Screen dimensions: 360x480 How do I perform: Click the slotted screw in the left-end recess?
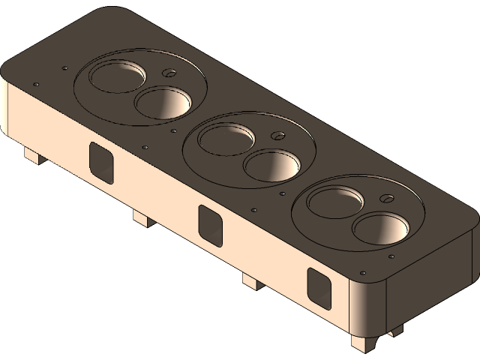coord(169,73)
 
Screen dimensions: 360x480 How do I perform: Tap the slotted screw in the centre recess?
coord(277,136)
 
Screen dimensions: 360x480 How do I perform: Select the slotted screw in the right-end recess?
coord(387,199)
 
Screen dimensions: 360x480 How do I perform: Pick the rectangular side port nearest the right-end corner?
coord(319,288)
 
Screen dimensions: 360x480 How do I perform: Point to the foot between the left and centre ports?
coord(142,218)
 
